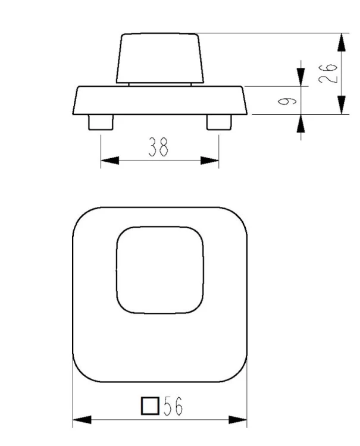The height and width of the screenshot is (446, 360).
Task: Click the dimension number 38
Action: [158, 147]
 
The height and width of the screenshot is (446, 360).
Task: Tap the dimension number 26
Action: [328, 73]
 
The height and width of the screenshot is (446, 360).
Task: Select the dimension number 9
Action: [287, 101]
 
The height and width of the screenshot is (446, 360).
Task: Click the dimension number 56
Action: [173, 406]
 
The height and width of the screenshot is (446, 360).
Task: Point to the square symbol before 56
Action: [150, 406]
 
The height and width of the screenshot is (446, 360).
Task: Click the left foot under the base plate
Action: [101, 123]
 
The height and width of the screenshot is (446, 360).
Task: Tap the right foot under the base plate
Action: [219, 123]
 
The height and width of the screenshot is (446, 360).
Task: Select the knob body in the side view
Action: [160, 58]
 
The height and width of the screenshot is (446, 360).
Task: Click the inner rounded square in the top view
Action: [117, 270]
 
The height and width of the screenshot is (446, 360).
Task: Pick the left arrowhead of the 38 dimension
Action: [110, 161]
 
